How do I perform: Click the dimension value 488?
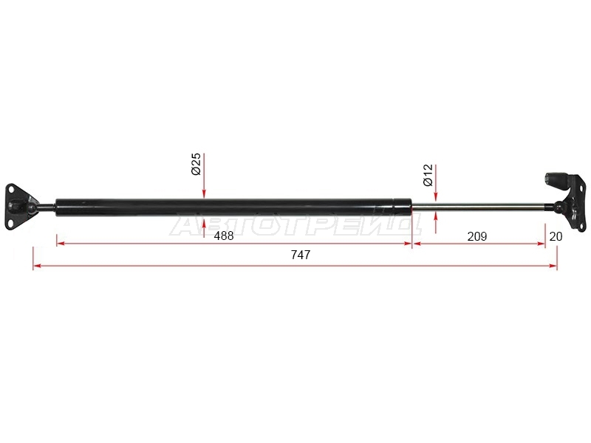click(x=224, y=236)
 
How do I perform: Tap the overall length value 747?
click(x=301, y=255)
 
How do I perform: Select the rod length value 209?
click(x=476, y=236)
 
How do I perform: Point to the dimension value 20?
click(x=556, y=236)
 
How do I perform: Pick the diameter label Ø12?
click(x=428, y=175)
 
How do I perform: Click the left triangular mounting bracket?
click(x=20, y=207)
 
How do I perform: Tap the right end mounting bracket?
click(x=566, y=202)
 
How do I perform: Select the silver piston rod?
click(x=479, y=207)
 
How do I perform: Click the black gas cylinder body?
click(x=233, y=207)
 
